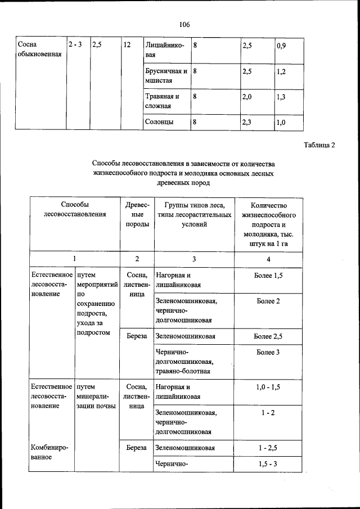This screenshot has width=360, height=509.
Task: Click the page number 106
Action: click(x=184, y=24)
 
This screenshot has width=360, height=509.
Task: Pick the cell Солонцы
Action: click(x=159, y=121)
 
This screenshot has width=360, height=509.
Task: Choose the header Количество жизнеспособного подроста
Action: click(x=269, y=224)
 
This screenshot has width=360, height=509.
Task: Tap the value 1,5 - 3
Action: click(x=268, y=464)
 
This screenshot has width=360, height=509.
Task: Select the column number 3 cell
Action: click(x=193, y=259)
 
